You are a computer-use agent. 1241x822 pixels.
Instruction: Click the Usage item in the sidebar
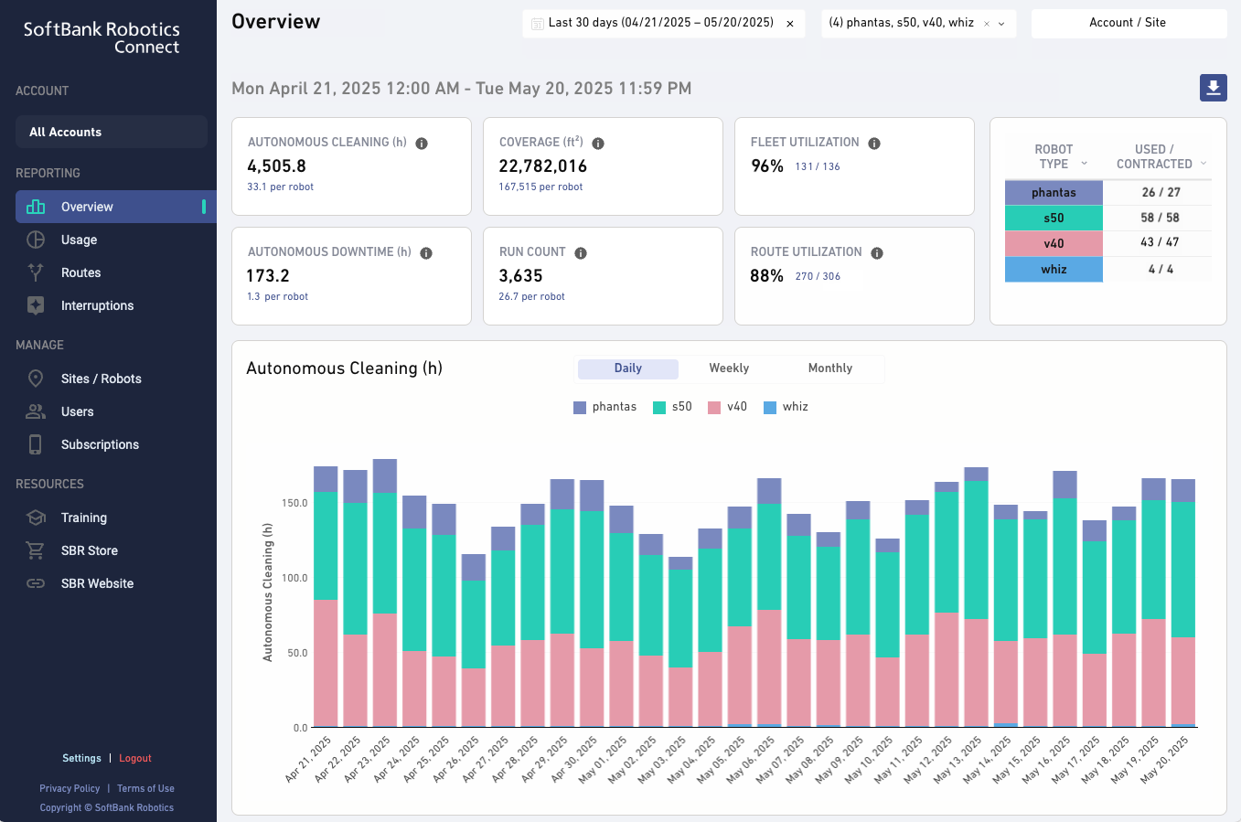79,240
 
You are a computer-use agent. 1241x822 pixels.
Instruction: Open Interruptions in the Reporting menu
97,305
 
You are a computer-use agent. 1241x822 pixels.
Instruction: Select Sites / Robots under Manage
101,379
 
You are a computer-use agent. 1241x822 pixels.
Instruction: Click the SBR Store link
89,550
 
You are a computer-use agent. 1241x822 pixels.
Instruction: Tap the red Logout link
134,758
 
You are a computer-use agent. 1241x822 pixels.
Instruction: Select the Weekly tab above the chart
729,368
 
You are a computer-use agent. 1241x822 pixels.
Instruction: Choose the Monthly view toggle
829,368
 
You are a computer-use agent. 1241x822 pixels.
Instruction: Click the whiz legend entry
794,407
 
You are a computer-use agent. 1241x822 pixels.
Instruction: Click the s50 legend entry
681,407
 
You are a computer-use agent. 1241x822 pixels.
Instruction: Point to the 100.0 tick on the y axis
294,578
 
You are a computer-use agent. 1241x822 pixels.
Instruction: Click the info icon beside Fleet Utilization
874,144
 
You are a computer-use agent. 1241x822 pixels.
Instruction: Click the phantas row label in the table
1054,193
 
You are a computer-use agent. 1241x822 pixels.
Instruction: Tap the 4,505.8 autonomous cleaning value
276,166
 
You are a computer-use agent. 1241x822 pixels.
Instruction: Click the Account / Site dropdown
1128,23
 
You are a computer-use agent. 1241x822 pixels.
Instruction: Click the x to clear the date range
790,24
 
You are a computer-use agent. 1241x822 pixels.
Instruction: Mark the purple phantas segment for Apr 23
385,475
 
